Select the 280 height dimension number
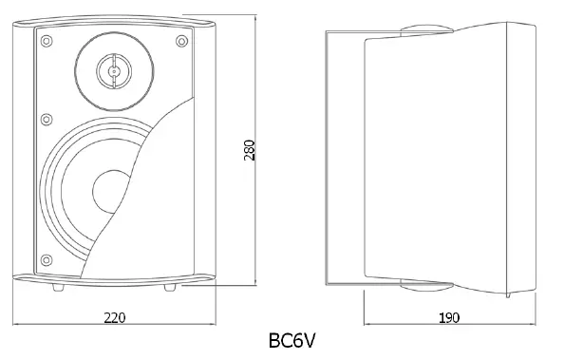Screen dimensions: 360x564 250,149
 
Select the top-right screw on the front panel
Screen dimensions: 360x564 179,40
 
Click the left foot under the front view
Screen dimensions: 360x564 59,284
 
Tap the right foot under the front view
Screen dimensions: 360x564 170,284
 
